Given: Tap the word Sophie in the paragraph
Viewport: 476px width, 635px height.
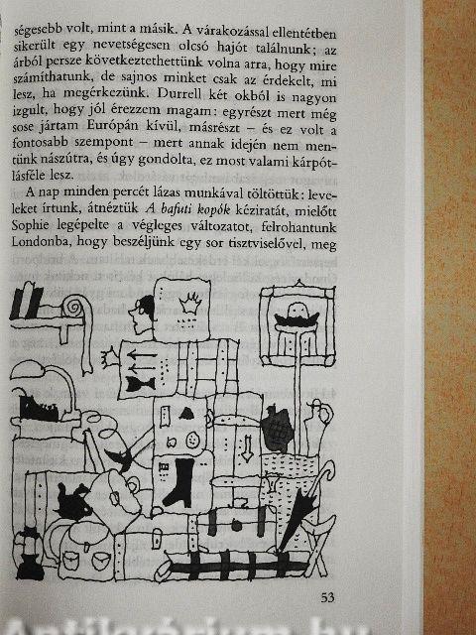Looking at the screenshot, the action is (31, 225).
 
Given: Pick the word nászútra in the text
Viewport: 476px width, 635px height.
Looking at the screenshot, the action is (57, 159).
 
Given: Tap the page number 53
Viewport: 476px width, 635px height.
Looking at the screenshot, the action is (327, 597).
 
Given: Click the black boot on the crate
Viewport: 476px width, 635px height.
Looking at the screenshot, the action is (178, 483).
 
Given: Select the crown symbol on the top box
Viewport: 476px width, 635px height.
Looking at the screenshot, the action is (189, 303).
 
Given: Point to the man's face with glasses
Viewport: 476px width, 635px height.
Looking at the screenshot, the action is (141, 314).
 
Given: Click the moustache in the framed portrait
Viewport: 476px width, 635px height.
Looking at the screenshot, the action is (297, 319).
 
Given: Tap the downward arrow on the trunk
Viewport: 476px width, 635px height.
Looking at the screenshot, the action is (247, 448).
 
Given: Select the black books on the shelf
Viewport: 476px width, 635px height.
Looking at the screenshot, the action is (27, 302).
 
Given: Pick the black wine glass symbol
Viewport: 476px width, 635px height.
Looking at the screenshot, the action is (140, 384).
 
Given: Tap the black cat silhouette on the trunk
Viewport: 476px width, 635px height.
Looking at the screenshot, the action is (72, 502).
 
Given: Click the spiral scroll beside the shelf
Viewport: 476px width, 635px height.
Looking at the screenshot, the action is (75, 309).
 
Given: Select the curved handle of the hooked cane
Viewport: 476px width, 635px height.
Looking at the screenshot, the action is (327, 469).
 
